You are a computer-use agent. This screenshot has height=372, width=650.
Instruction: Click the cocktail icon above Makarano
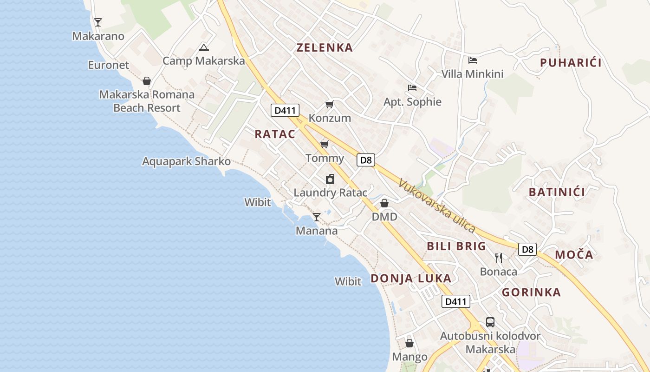(x=97, y=22)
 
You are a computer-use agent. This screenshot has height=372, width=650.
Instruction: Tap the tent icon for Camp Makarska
(x=203, y=47)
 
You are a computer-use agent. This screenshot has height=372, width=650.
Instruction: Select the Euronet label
(x=109, y=65)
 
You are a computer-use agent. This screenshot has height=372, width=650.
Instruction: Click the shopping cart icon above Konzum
(x=329, y=104)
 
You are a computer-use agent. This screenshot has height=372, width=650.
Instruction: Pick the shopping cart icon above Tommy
(x=325, y=144)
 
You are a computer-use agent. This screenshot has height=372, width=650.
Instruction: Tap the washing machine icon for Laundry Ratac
(x=330, y=179)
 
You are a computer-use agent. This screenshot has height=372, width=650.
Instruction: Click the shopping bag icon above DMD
(x=384, y=203)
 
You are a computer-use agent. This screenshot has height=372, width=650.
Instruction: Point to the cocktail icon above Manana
(x=317, y=217)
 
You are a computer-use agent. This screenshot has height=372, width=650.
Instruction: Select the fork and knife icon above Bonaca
(x=499, y=258)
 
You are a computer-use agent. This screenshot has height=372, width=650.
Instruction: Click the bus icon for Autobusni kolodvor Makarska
(x=490, y=322)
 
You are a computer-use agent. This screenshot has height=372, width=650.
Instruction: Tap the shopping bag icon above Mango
(x=409, y=343)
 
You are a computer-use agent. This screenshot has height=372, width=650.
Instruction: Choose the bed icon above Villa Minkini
(x=473, y=60)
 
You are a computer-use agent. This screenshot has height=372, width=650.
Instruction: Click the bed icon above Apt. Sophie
(x=412, y=87)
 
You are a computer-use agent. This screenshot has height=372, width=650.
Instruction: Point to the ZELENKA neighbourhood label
(x=325, y=47)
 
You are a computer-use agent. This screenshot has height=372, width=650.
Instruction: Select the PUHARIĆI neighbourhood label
(x=571, y=63)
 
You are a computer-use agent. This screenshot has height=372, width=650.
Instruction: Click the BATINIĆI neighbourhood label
(x=557, y=192)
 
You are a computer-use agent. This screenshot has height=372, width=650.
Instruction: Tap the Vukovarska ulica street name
(x=436, y=206)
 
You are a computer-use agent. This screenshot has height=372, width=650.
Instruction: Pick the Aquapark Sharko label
(x=186, y=161)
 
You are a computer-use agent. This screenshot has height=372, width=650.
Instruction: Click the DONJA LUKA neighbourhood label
(x=411, y=278)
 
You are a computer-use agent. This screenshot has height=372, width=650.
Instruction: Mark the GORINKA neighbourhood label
(x=531, y=292)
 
